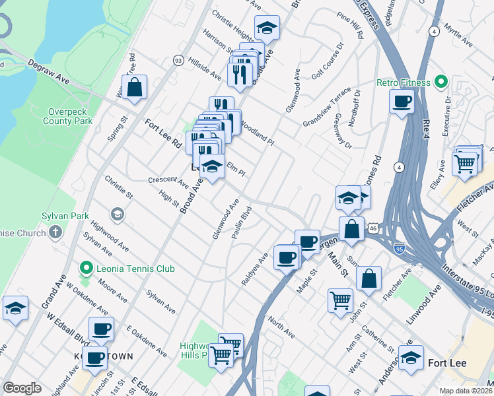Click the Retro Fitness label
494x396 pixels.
(404, 83)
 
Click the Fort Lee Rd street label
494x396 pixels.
(163, 133)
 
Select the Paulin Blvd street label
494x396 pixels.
(242, 225)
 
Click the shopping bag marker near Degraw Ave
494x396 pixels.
(134, 88)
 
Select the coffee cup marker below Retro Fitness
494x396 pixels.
(402, 102)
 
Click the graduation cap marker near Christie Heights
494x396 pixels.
(267, 28)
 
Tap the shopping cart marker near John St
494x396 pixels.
(340, 300)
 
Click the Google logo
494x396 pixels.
(22, 388)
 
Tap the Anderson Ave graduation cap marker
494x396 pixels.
(411, 358)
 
